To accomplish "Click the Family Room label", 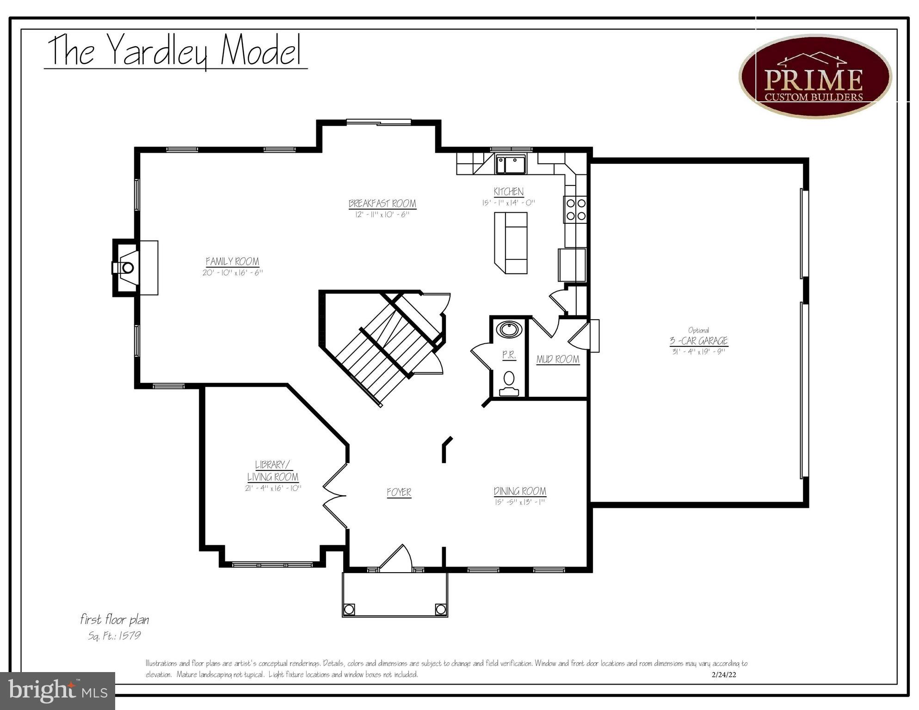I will pos(232,261).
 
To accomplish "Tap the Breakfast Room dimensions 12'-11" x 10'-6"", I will pos(382,215).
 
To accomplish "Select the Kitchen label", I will pos(508,191).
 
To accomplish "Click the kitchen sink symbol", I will pos(511,164).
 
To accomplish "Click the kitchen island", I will pos(511,242).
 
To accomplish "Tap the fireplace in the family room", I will pos(127,267).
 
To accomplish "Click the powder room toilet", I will pos(509,382).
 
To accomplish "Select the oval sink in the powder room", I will pos(509,330).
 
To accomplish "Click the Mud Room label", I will pos(557,359).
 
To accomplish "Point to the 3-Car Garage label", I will pos(698,341).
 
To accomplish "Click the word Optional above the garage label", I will pos(698,330).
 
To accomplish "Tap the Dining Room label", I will pos(520,491).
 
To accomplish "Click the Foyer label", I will pos(399,493).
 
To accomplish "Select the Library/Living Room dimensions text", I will pos(273,488).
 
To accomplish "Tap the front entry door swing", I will pos(397,557).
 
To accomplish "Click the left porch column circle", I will pos(349,609).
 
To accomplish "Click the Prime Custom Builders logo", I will pos(815,77).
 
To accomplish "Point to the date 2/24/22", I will pos(724,675).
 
